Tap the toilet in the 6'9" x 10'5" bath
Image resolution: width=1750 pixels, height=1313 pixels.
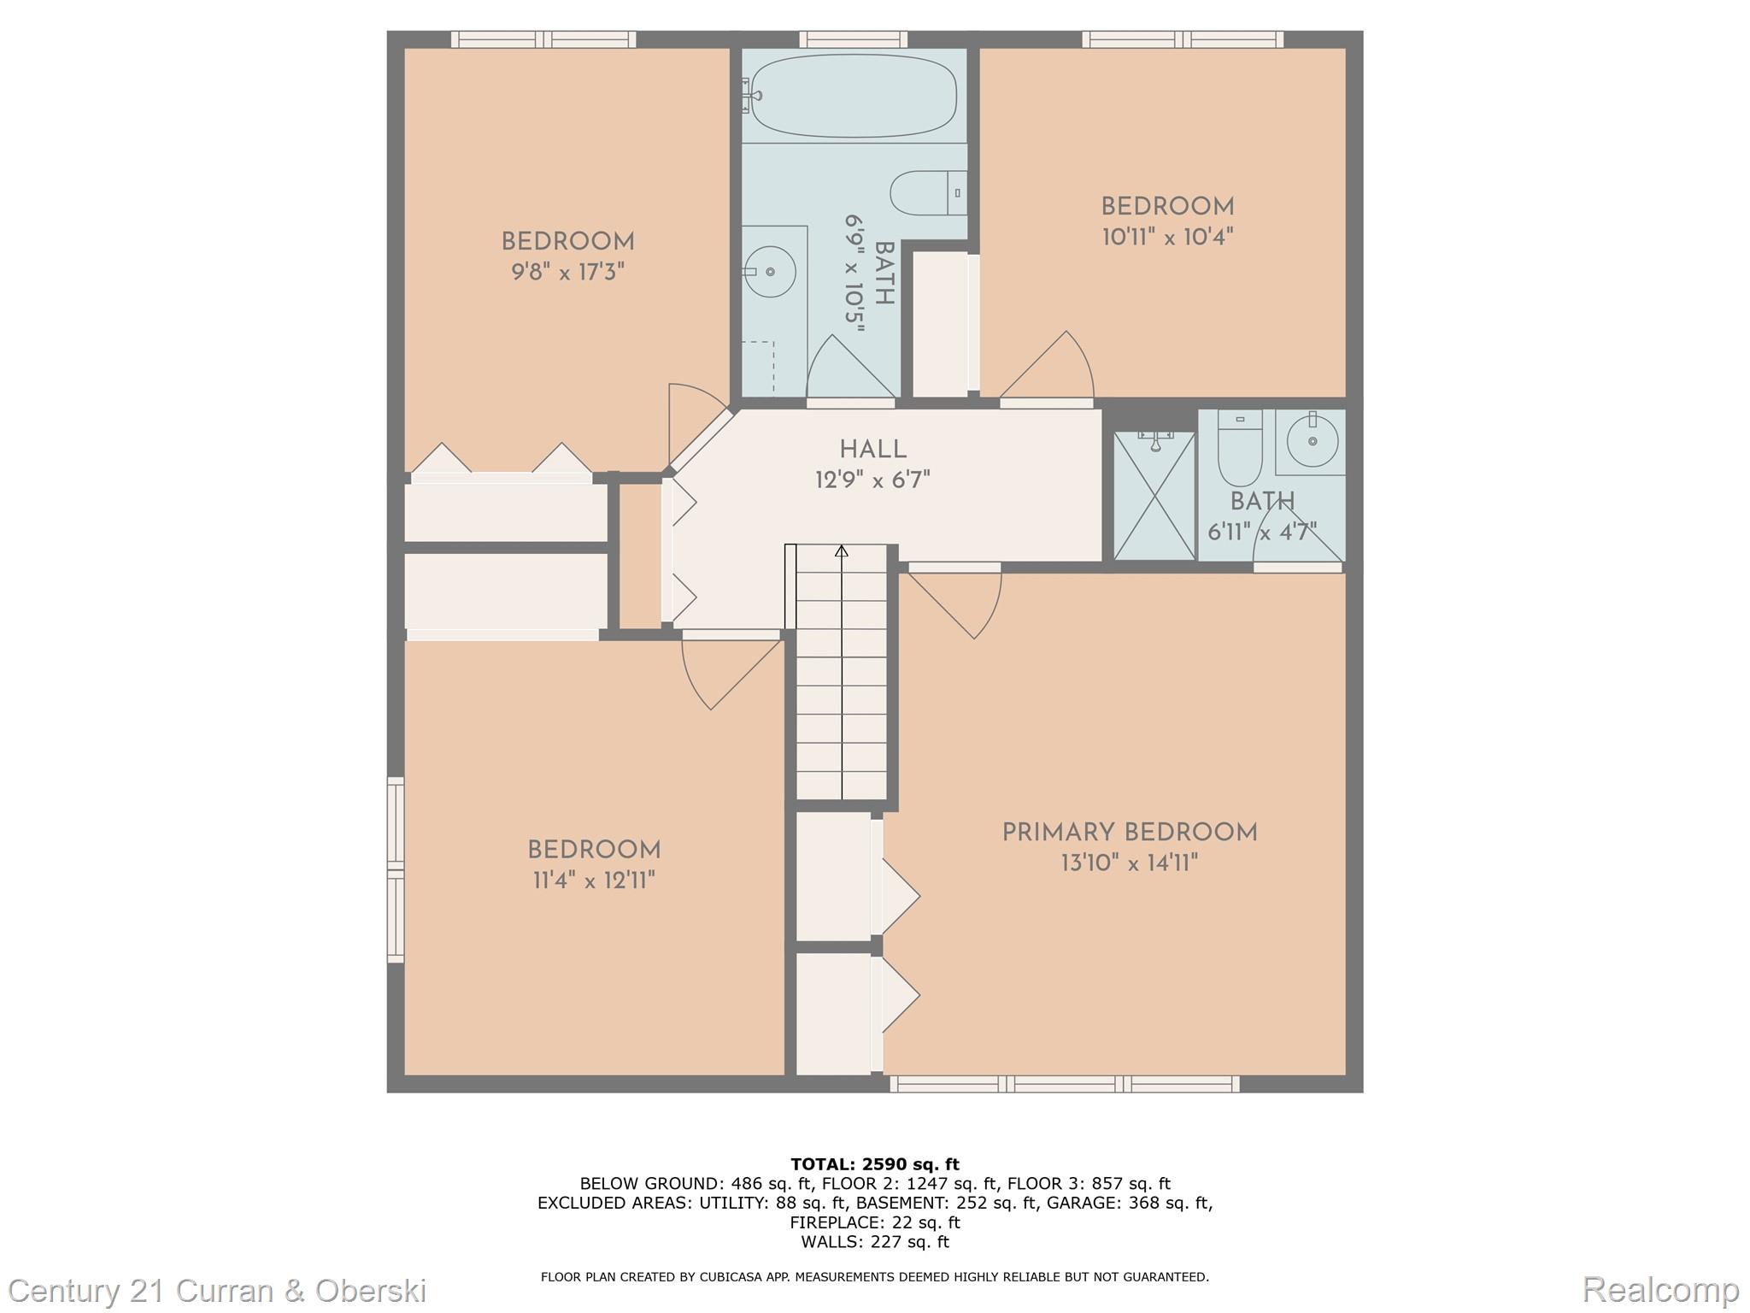(x=928, y=193)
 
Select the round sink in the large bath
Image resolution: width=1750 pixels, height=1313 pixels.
(x=769, y=272)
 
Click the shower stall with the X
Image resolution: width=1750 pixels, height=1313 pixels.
(x=1154, y=496)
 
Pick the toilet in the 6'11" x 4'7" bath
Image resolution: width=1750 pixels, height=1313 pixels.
(x=1239, y=448)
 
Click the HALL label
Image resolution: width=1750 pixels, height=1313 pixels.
(x=872, y=450)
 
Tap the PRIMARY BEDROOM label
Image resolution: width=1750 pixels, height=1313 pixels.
(x=1130, y=833)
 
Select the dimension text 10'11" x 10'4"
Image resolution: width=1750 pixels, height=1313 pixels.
(x=1167, y=237)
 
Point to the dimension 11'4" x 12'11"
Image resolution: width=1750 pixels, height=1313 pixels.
(x=594, y=880)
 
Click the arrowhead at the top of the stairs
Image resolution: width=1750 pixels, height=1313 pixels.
(x=842, y=551)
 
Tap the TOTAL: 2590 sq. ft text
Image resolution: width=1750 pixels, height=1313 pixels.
(x=875, y=1164)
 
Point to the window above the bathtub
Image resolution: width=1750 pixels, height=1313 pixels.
(x=854, y=39)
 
